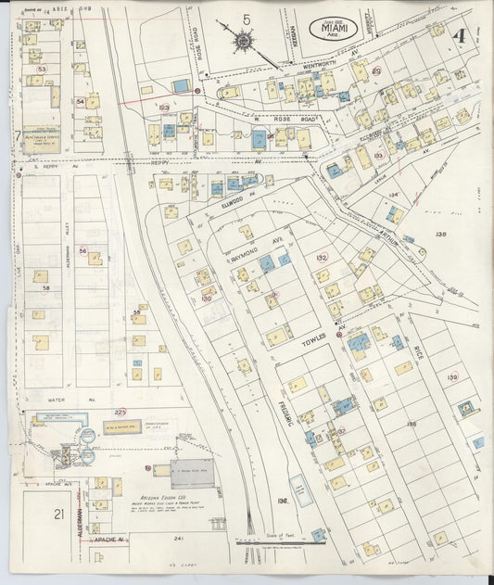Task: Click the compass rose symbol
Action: click(x=244, y=42)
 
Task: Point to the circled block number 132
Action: click(x=322, y=258)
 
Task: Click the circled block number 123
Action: click(x=164, y=108)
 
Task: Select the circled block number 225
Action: click(x=120, y=411)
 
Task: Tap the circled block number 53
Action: click(x=41, y=70)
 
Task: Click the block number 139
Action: click(x=452, y=376)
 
